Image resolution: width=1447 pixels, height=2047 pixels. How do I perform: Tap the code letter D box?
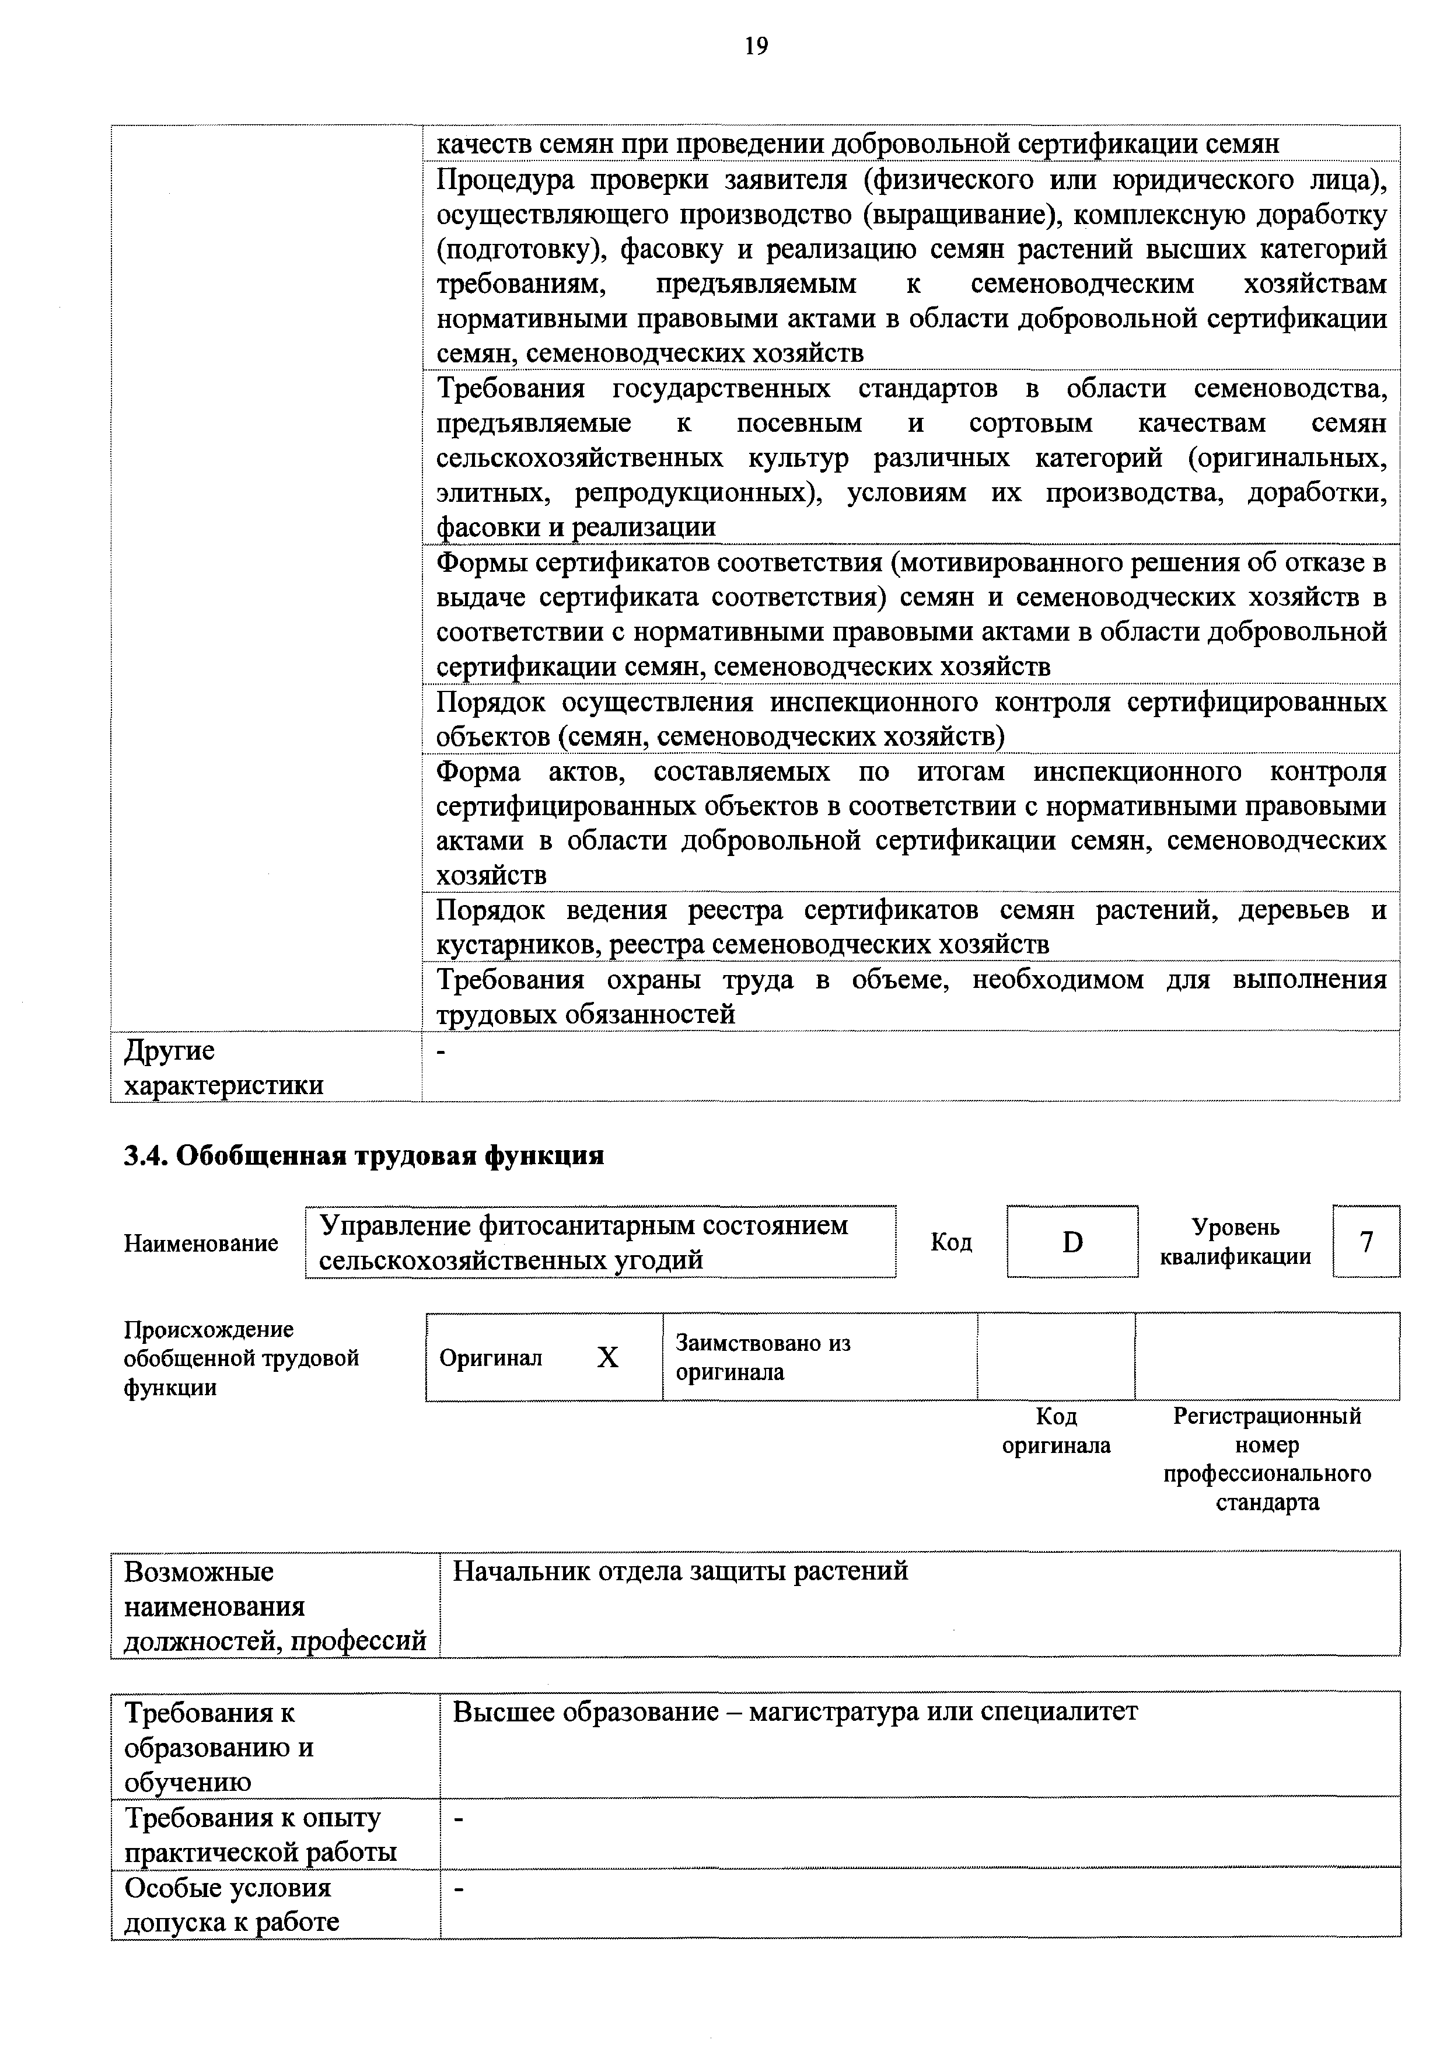pos(1072,1242)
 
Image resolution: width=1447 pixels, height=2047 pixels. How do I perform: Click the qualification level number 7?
pos(1366,1242)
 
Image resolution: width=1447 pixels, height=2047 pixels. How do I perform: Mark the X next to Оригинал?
pos(607,1358)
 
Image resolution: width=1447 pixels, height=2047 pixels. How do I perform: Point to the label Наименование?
pos(201,1243)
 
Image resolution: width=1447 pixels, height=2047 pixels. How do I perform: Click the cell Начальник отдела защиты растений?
pos(680,1570)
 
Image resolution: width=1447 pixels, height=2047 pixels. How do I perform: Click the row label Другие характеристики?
pos(223,1067)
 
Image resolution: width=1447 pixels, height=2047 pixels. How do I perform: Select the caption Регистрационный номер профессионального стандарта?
pos(1267,1459)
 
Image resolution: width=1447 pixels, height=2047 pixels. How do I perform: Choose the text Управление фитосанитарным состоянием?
pos(584,1226)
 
